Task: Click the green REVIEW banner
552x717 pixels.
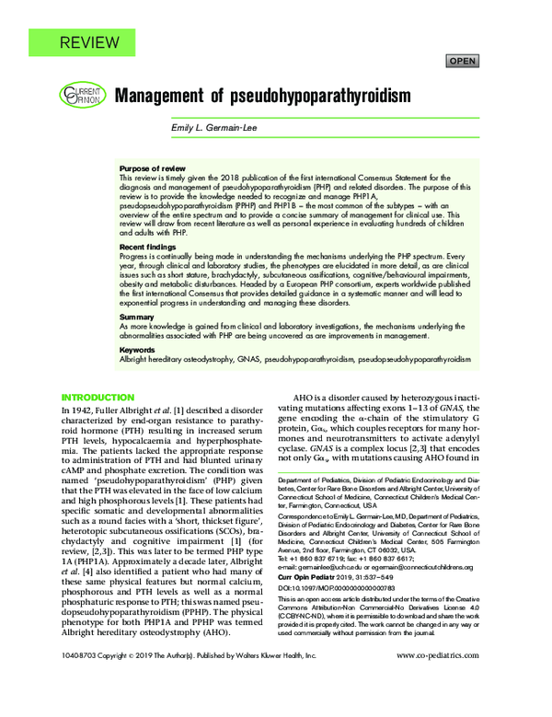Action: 88,42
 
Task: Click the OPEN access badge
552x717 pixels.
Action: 462,62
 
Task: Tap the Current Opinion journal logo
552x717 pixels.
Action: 80,95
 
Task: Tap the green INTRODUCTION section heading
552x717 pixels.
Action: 98,397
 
